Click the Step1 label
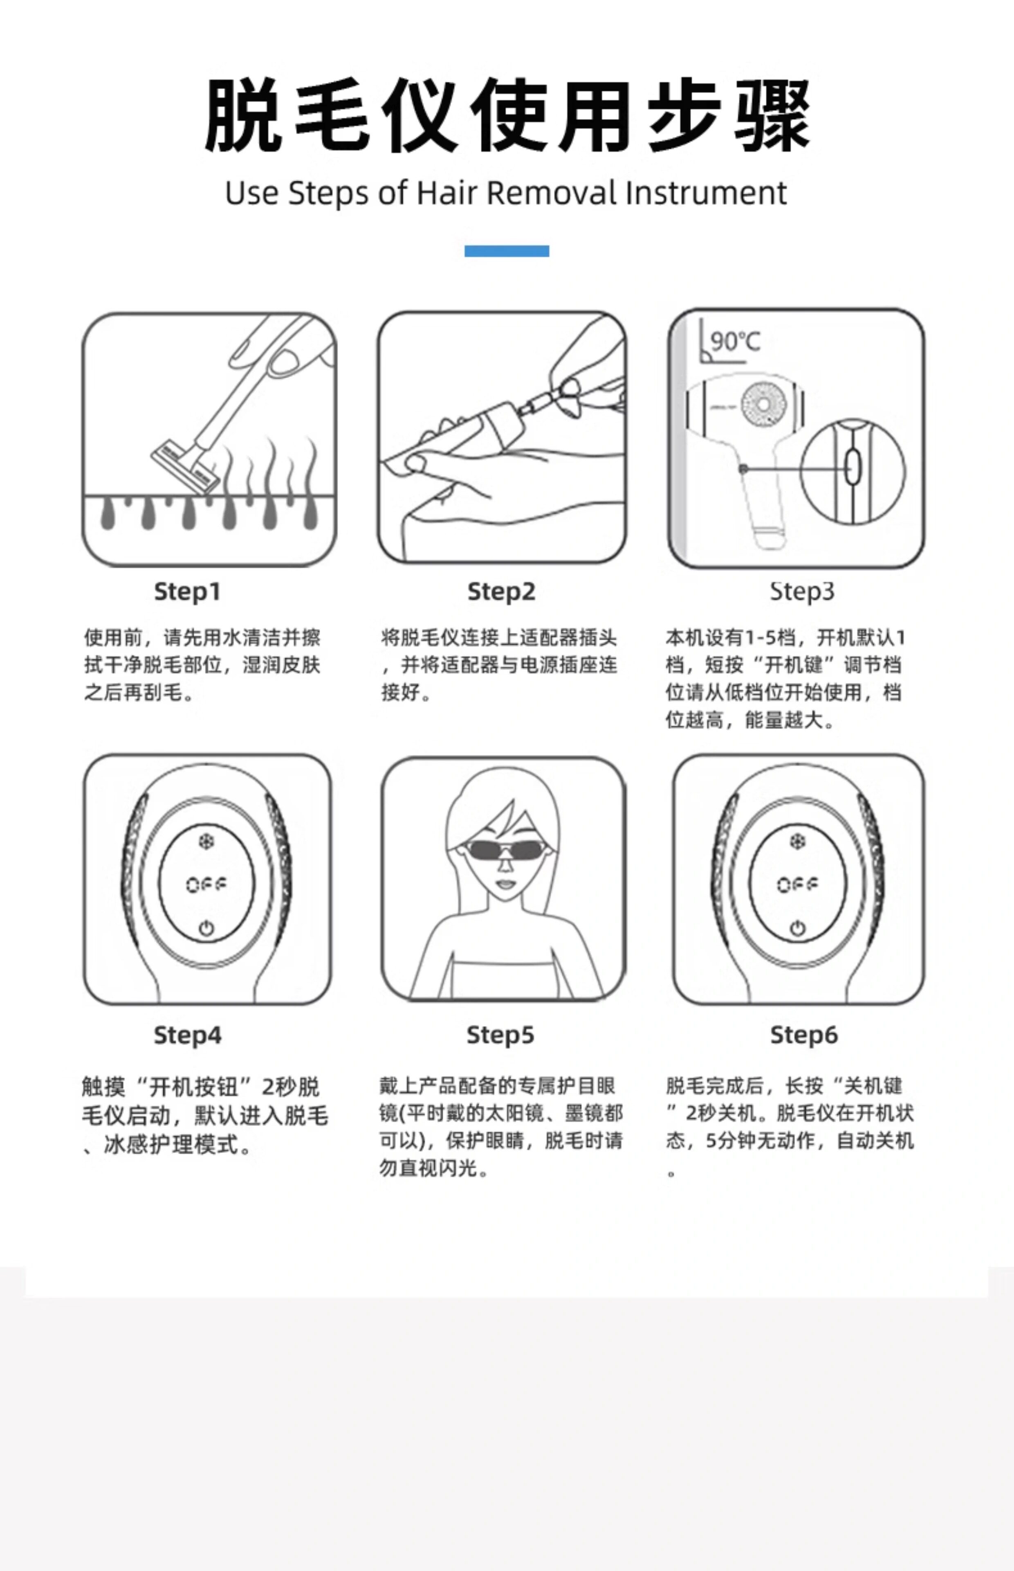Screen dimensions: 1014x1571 tap(187, 592)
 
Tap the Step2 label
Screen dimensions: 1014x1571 tap(501, 592)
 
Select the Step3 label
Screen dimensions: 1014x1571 tap(802, 592)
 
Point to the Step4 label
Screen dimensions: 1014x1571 tap(187, 1035)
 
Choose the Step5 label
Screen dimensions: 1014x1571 tap(500, 1035)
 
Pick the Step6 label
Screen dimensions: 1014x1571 tap(804, 1035)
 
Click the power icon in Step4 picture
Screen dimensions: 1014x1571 tap(206, 929)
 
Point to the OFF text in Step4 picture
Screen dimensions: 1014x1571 tap(206, 885)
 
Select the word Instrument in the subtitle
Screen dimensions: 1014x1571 tap(706, 193)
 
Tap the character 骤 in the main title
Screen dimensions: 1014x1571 tap(772, 115)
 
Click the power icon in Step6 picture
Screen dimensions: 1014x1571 tap(797, 929)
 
